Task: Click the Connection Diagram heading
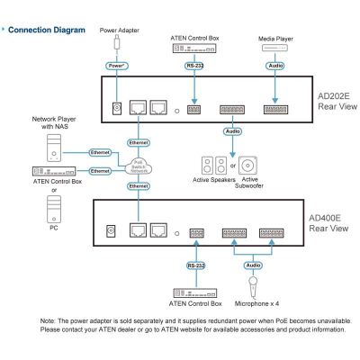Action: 47,30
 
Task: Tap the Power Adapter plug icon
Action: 117,42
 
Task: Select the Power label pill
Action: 117,66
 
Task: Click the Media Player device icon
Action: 274,48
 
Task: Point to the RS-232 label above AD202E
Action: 194,66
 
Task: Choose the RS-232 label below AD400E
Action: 196,265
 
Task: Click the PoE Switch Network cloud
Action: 139,166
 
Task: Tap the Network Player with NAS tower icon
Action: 54,148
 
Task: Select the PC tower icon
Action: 54,209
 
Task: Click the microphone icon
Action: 253,287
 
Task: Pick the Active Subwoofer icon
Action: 247,166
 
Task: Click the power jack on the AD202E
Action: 117,108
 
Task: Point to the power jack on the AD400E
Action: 111,230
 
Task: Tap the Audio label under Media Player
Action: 275,66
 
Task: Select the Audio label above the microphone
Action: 253,265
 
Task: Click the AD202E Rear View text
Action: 337,102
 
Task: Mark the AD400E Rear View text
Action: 328,223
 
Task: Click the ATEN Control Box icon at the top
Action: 194,49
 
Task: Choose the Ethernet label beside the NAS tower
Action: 100,153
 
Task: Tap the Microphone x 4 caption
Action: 256,303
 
